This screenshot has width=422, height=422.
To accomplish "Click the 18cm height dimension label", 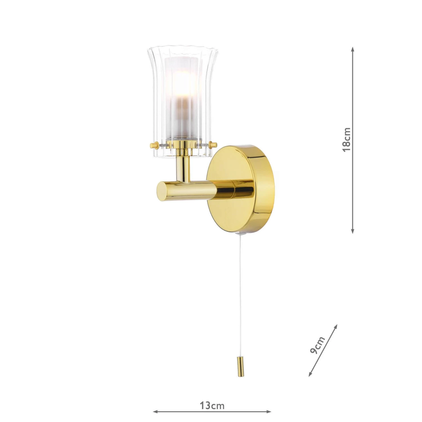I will [x=347, y=140].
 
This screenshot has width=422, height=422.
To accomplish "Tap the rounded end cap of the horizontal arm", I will [x=162, y=190].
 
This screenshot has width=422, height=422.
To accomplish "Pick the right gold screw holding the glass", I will [x=214, y=145].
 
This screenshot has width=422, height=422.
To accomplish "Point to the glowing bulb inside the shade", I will [x=180, y=87].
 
